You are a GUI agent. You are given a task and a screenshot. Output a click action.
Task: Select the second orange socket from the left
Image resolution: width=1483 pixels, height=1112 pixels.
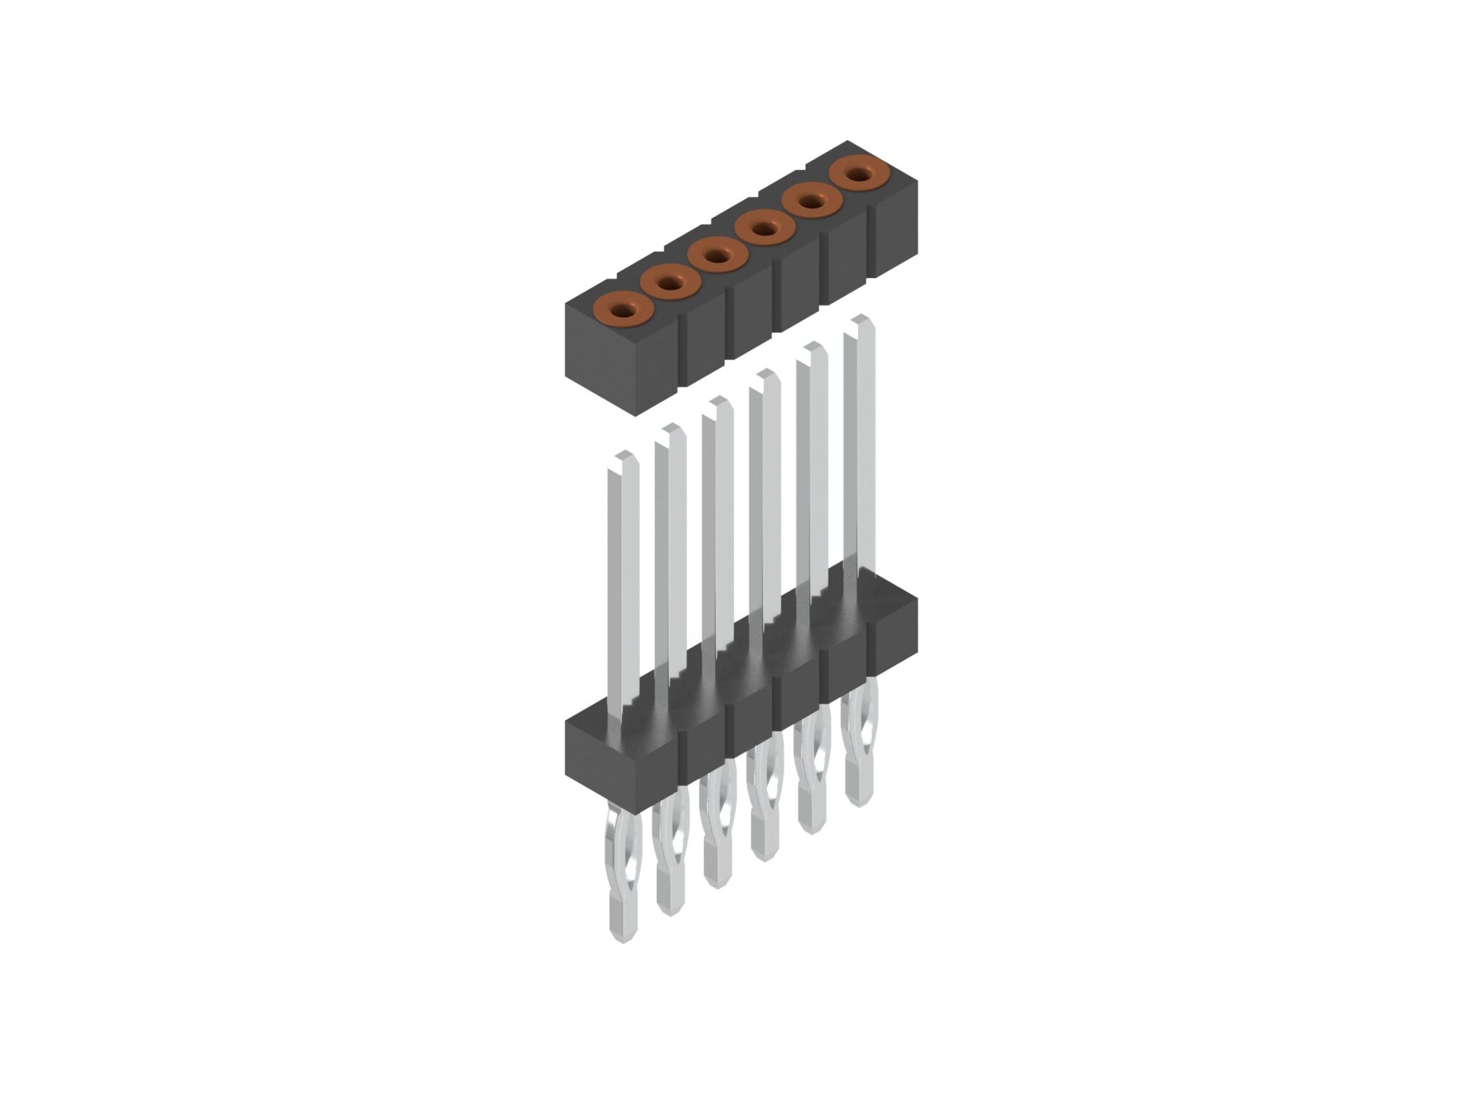pos(671,284)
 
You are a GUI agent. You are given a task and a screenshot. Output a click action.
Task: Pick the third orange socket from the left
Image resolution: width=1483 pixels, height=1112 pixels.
pos(718,256)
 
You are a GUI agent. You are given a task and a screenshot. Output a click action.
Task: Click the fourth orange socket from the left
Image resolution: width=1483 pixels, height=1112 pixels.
pos(765,229)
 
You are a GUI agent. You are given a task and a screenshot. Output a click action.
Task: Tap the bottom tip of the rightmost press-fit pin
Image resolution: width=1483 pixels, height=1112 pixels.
pos(859,801)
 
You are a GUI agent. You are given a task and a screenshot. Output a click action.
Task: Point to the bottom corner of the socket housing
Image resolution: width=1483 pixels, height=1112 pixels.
pos(634,414)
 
